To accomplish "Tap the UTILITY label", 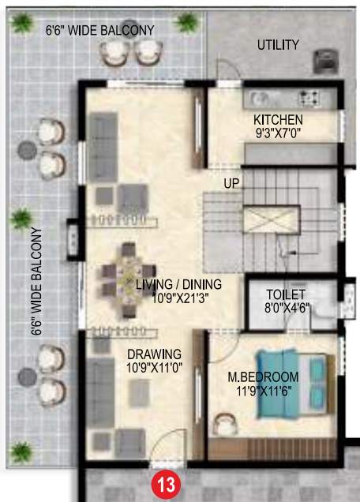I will [278, 45].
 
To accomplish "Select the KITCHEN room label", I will [278, 119].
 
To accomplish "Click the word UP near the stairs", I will [231, 183].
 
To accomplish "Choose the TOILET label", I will [285, 294].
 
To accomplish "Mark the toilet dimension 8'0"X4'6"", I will [285, 308].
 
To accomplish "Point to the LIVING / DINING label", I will [178, 284].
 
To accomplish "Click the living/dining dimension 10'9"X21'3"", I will [178, 298].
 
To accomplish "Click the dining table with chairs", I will [128, 280].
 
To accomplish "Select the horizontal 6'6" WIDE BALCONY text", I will [99, 30].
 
